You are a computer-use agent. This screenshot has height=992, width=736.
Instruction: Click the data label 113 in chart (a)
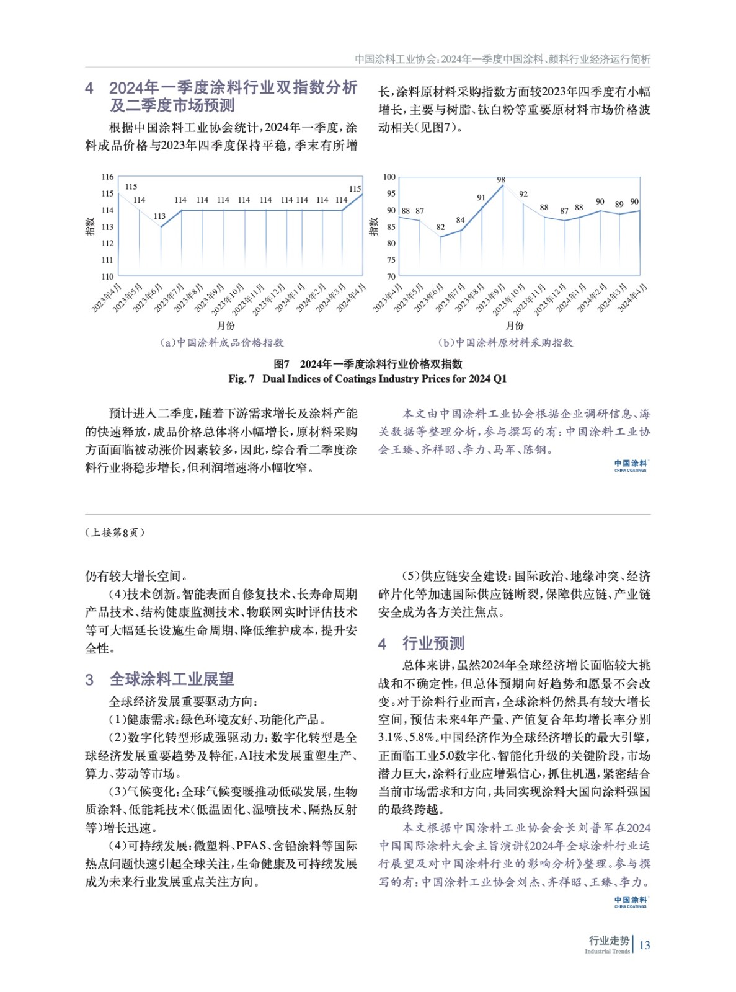pos(159,216)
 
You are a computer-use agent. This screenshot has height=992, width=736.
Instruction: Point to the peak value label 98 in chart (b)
pos(501,180)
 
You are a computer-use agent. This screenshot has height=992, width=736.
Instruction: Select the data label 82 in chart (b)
pos(440,227)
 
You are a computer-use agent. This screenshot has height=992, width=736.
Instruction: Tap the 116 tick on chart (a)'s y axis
pos(107,177)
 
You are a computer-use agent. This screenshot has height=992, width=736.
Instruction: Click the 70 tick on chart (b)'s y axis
pos(391,277)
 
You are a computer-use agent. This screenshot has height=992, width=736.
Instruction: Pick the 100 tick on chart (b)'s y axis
pos(389,177)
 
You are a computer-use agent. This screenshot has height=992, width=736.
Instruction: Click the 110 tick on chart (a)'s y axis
pos(107,277)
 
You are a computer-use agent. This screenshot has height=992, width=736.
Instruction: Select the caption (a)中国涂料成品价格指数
pos(221,342)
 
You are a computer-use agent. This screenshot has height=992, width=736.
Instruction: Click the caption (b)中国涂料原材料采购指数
pos(505,342)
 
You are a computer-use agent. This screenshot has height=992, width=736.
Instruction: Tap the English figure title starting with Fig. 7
pos(368,379)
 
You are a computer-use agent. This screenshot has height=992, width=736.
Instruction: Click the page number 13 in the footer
pos(644,945)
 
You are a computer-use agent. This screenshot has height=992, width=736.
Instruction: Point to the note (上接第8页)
pos(115,533)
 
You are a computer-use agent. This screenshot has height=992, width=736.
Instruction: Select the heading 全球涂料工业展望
pos(172,679)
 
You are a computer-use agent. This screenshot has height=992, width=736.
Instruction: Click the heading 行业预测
pos(433,643)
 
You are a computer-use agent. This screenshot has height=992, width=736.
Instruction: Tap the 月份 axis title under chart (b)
pos(515,325)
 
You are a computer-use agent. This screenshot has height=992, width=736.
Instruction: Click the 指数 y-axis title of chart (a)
pos(90,226)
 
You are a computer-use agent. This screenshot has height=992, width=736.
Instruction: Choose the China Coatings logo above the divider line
pos(630,466)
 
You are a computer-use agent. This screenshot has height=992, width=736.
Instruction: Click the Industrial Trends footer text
pos(607,951)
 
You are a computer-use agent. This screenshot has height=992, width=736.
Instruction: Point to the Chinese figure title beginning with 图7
pos(368,364)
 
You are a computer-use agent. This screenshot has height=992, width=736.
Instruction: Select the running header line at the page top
pos(502,59)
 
